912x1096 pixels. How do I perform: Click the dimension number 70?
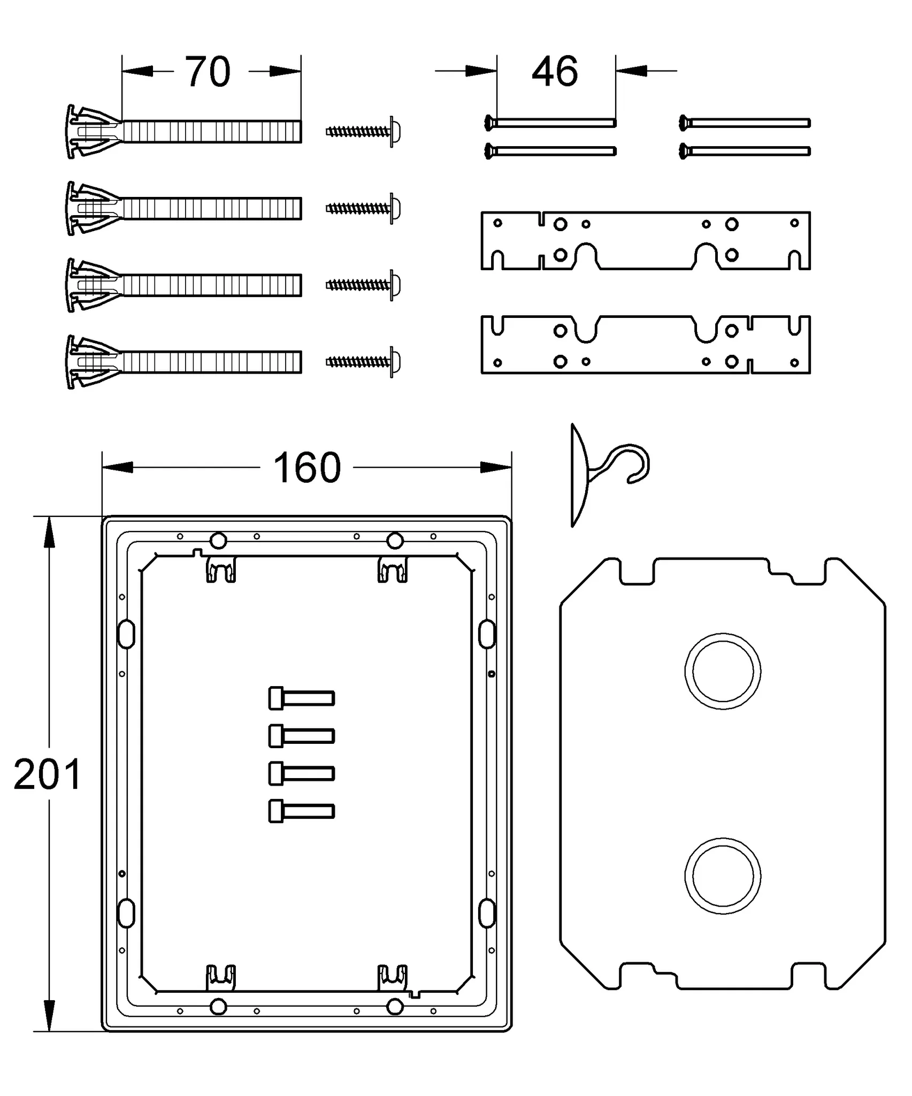pos(208,72)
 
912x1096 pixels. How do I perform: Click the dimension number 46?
pos(555,72)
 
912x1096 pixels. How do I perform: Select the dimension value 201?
pos(47,774)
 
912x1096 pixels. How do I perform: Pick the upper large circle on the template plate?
pos(723,671)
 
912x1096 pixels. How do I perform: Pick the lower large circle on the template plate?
pos(723,876)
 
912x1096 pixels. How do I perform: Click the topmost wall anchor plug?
pos(185,132)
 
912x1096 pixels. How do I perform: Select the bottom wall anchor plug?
pos(185,362)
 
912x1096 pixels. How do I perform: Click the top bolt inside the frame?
pos(301,698)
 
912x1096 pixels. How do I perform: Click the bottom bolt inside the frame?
pos(301,811)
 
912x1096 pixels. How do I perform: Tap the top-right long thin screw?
pos(745,123)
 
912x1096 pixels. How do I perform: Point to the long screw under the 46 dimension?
pos(551,123)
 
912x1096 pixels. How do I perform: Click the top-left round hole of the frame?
pos(218,541)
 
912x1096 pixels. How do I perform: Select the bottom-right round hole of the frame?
pos(395,1007)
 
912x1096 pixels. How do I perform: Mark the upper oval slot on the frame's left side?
pos(126,634)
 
